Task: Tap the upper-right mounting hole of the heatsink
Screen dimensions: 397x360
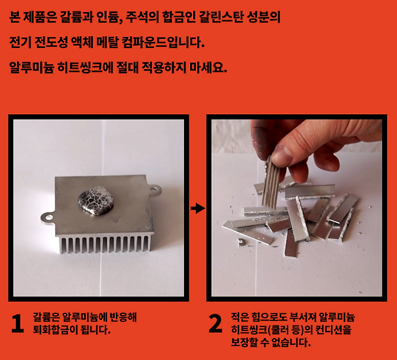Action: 154,189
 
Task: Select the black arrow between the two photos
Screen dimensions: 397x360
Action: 198,208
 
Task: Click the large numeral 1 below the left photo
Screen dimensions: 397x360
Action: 17,324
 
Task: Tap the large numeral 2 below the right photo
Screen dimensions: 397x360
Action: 215,324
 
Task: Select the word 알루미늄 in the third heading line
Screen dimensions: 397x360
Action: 31,68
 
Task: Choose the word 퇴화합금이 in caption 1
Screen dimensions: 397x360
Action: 55,330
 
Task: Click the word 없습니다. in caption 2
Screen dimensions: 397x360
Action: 291,342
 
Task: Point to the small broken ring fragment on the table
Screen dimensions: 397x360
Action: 241,241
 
